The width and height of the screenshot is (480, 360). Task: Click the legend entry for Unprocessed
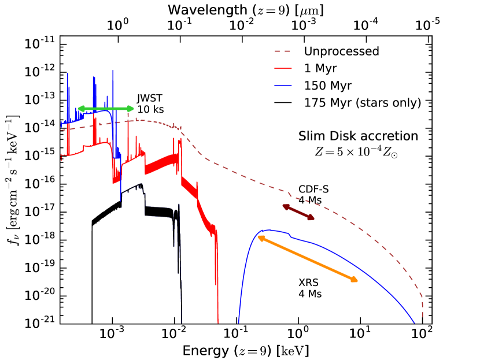pos(341,51)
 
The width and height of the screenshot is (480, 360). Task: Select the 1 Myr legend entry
pos(324,69)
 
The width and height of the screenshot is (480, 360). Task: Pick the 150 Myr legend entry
pos(330,86)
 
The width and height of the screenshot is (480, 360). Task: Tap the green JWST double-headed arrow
pos(106,109)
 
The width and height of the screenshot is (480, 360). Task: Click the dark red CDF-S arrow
pos(298,212)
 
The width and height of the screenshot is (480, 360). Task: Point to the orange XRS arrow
pos(308,258)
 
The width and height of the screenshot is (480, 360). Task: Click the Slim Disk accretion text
pos(357,136)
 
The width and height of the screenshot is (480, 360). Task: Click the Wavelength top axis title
pos(246,10)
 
